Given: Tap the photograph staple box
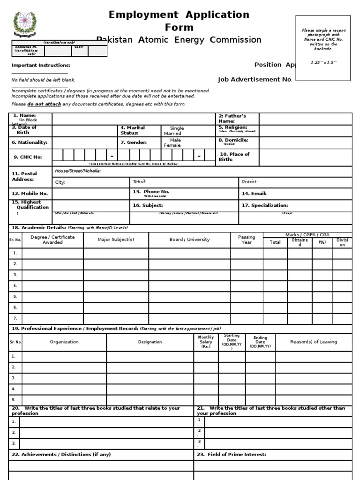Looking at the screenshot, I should click(322, 47).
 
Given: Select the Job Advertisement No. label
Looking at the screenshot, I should click(255, 79).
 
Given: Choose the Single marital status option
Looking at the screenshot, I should click(177, 128).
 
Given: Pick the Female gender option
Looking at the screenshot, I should click(172, 145).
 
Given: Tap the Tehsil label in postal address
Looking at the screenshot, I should click(140, 182).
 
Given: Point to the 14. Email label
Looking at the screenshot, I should click(254, 194).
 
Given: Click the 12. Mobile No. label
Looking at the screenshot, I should click(30, 194).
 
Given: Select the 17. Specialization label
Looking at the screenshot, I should click(265, 205).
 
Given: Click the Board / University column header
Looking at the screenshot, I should click(189, 240).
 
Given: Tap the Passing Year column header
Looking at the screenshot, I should click(247, 240).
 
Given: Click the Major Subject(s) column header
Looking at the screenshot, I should click(116, 240).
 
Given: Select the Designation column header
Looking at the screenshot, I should click(150, 342).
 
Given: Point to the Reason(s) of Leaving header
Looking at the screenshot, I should click(314, 342).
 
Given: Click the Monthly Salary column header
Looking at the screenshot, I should click(206, 342).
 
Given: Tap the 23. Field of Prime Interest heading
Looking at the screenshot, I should click(232, 455).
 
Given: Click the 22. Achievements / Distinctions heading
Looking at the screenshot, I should click(61, 455).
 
